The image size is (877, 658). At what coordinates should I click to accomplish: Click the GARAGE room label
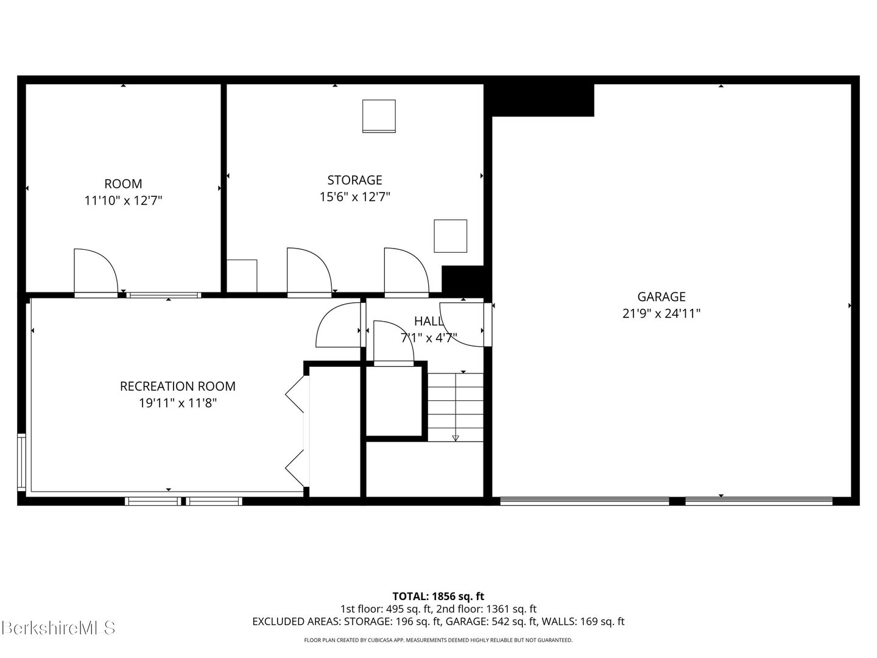661,297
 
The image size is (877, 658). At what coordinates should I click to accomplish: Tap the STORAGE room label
355,180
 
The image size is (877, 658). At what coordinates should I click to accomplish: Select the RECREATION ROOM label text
178,386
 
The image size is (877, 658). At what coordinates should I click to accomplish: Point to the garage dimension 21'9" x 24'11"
661,313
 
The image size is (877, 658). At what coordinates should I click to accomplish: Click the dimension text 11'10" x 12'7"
123,200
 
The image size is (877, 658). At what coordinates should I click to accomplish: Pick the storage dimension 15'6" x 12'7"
355,197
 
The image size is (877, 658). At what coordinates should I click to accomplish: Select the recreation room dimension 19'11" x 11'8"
178,403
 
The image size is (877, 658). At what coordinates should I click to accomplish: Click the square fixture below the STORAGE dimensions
450,236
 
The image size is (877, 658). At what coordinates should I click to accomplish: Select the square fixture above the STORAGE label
379,116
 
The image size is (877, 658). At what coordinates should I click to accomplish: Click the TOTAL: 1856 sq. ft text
438,596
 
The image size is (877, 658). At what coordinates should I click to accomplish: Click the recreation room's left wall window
21,461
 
